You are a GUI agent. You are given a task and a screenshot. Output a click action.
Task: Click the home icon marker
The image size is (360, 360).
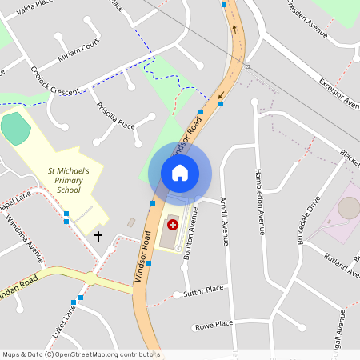point(179,173)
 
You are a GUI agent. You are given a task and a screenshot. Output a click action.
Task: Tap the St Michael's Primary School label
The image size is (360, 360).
point(74,181)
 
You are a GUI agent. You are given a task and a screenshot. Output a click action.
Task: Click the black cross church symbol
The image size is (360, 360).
point(99,237)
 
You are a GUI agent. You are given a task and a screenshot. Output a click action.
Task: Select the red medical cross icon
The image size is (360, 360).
point(172,226)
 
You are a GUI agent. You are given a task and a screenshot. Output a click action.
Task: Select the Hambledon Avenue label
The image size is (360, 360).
point(259,201)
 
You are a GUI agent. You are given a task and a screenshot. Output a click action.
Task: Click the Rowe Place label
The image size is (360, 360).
point(214,324)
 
